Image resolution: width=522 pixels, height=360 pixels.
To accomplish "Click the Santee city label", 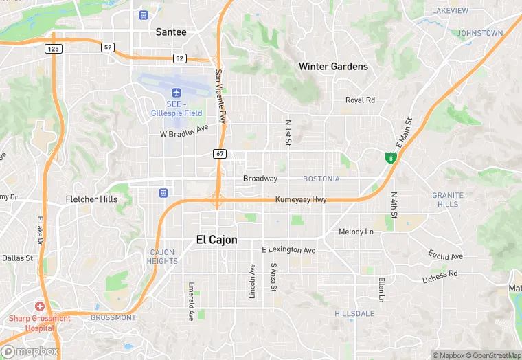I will tap(171, 32).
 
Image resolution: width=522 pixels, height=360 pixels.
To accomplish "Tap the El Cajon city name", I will tap(216, 240).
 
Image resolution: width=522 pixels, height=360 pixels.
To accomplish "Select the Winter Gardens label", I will tap(333, 67).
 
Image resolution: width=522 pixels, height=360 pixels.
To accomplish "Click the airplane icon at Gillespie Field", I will tap(176, 92).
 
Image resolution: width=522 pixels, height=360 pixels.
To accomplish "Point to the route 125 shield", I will tap(53, 48).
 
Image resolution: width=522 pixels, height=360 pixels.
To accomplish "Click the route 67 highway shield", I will tap(219, 153).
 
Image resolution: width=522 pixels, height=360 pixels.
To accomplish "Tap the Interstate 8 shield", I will tap(390, 159).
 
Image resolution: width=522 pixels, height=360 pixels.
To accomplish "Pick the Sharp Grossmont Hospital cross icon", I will tap(40, 306).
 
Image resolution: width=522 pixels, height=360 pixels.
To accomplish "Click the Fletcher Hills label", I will tap(91, 199).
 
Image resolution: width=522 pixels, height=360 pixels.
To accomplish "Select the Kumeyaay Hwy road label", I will tap(301, 200).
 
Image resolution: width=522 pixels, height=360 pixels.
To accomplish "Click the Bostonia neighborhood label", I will tap(321, 179).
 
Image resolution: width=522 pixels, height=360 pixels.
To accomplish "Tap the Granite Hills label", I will tap(447, 200).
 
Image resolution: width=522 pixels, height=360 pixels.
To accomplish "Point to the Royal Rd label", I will tap(360, 100).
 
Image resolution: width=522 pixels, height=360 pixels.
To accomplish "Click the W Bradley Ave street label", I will tap(183, 131).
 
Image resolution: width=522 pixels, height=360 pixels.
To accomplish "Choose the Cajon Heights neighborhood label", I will tap(163, 257).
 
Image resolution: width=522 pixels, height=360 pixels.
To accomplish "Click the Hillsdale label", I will tap(354, 313).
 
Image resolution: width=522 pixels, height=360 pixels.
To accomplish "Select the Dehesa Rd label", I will tap(440, 275).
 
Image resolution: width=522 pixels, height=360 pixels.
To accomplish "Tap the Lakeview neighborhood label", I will tap(450, 11).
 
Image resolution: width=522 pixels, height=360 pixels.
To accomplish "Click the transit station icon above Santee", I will tap(144, 15).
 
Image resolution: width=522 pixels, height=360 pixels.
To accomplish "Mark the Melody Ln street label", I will tap(356, 232).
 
